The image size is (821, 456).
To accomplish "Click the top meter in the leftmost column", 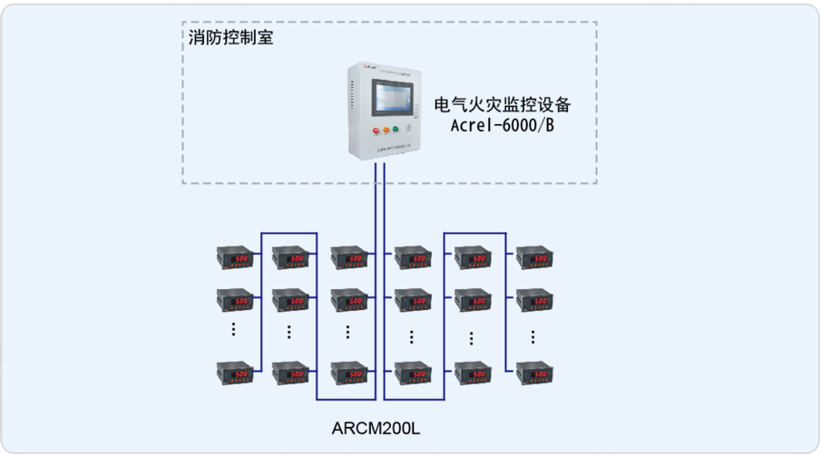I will pyautogui.click(x=232, y=257).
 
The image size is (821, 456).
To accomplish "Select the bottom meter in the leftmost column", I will pyautogui.click(x=232, y=372).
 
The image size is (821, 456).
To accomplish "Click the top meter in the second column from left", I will pyautogui.click(x=290, y=257).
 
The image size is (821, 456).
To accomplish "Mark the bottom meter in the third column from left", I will pyautogui.click(x=348, y=372).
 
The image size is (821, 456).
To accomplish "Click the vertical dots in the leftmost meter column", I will pyautogui.click(x=232, y=330).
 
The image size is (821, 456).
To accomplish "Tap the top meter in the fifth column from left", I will pyautogui.click(x=473, y=257).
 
